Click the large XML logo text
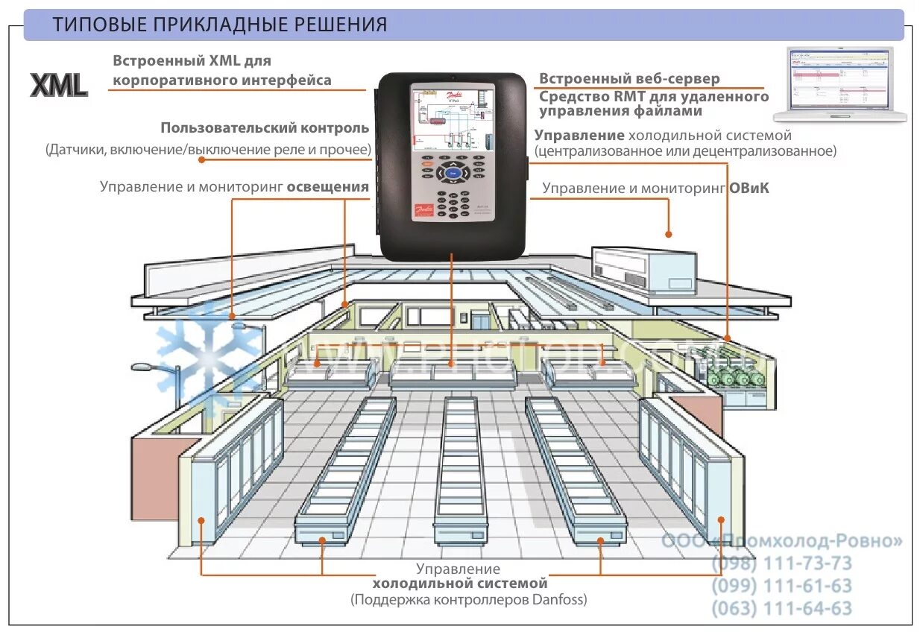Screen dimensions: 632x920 click(59, 84)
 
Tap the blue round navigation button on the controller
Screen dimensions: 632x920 click(453, 174)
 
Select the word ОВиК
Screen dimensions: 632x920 click(749, 189)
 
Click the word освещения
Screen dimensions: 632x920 click(329, 186)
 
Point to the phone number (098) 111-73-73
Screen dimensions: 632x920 click(781, 563)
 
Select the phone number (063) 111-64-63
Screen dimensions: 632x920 click(781, 608)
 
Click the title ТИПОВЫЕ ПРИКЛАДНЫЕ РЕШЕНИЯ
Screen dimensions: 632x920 click(220, 25)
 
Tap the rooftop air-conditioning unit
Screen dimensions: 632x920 click(644, 268)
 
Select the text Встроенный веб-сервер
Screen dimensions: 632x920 click(630, 79)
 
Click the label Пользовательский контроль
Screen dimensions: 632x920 click(265, 128)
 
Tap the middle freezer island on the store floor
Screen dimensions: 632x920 click(460, 469)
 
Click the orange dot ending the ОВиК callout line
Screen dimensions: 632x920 click(669, 233)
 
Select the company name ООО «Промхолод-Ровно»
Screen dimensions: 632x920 click(781, 540)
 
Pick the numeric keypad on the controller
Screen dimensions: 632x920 click(453, 203)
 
